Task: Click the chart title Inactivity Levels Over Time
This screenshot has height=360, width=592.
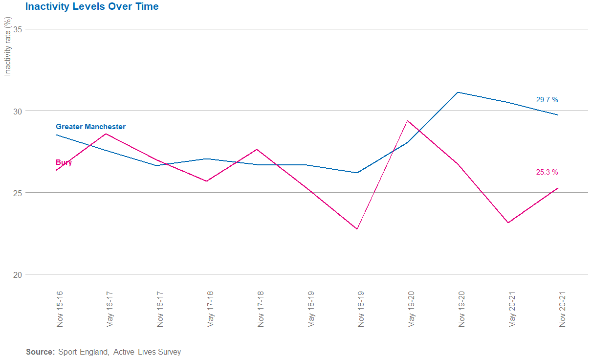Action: click(92, 7)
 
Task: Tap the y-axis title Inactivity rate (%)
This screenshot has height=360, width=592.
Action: click(7, 46)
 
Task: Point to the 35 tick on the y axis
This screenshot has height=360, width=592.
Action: click(18, 29)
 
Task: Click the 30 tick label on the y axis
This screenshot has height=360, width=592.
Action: click(18, 111)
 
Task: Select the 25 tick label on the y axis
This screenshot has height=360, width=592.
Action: click(18, 193)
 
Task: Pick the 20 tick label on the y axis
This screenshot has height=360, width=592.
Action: click(18, 274)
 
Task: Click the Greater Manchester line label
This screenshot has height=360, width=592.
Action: click(90, 127)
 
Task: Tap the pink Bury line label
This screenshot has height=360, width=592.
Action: click(64, 162)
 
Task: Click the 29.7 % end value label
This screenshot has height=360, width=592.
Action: click(547, 100)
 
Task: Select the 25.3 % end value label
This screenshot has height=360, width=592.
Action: click(547, 172)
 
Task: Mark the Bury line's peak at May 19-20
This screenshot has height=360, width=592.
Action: click(407, 121)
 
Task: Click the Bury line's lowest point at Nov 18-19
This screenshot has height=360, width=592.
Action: click(357, 229)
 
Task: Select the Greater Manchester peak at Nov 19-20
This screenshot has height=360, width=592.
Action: click(458, 92)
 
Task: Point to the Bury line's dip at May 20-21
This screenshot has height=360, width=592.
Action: click(508, 223)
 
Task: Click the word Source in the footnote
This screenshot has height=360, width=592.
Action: click(40, 352)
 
